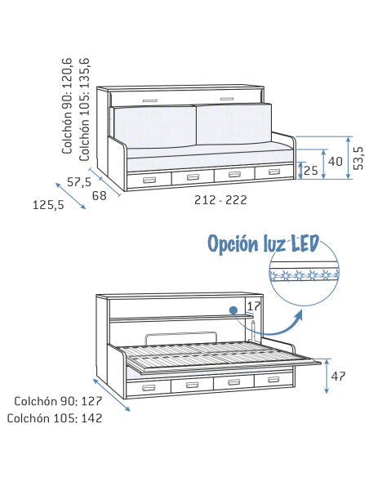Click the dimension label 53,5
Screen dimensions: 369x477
(358, 158)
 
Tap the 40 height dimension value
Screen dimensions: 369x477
(336, 161)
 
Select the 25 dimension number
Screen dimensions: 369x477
(311, 171)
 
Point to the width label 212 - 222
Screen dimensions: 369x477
(220, 200)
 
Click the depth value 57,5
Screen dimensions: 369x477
(79, 182)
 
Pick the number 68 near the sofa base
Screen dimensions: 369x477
(100, 195)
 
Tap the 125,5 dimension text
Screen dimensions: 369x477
(48, 205)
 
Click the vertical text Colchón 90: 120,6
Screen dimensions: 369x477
(67, 106)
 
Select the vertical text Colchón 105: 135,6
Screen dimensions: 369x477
(84, 109)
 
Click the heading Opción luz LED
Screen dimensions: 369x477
(263, 243)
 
